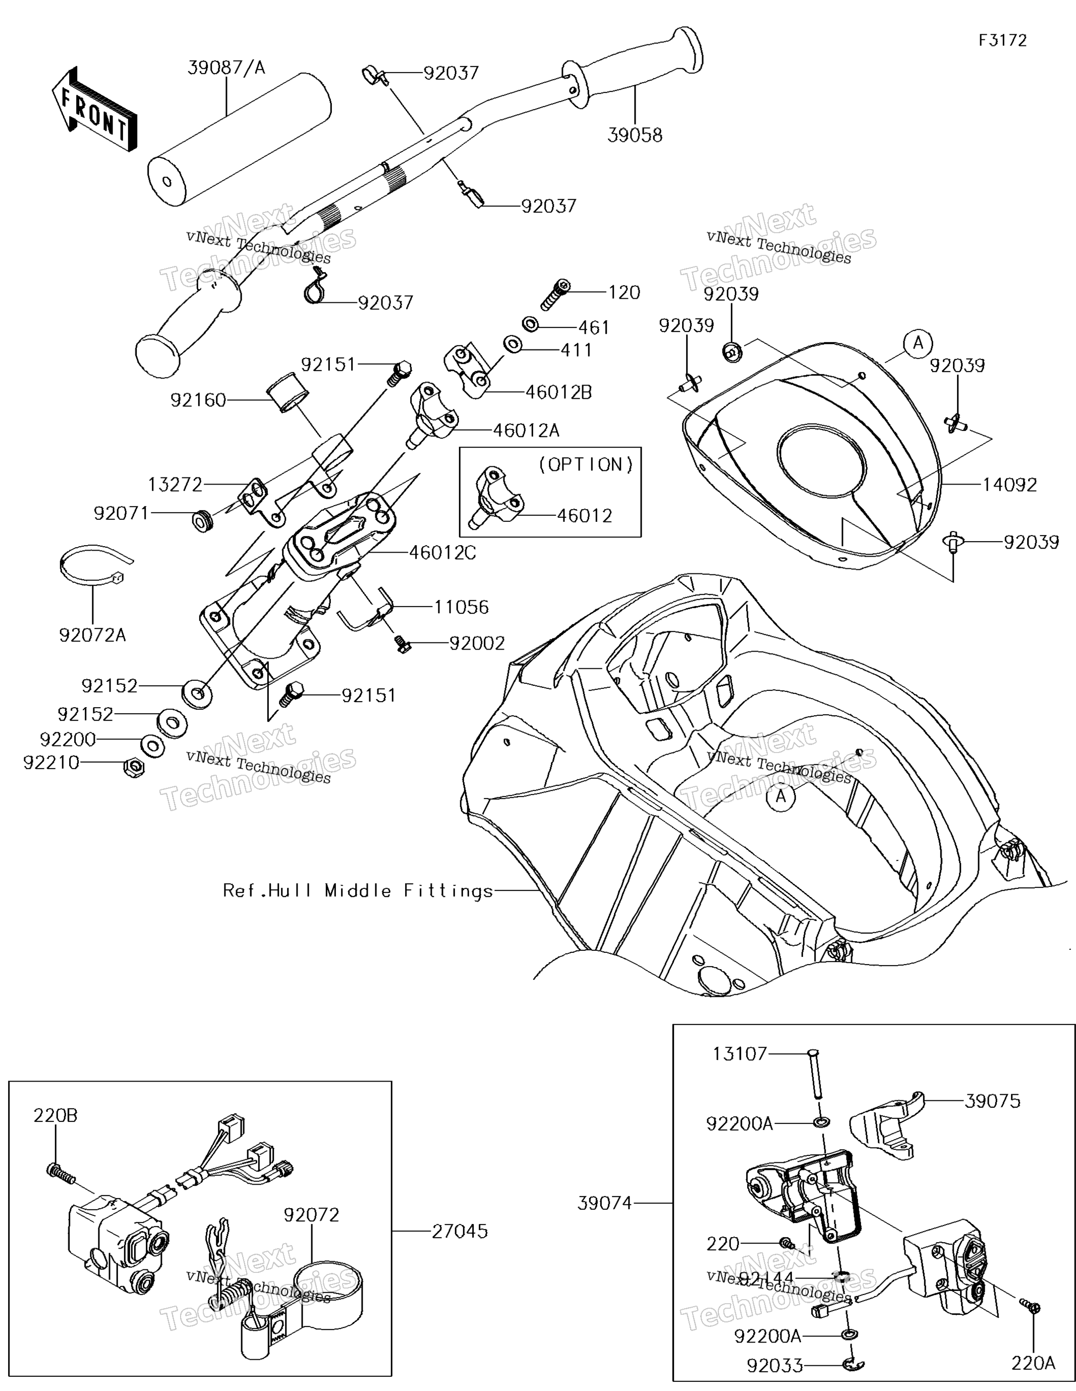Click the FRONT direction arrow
click(94, 110)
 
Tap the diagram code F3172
click(1003, 41)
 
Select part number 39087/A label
click(226, 68)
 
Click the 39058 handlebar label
click(635, 135)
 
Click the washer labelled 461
click(530, 324)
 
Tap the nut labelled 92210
click(134, 766)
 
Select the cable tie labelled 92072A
click(95, 567)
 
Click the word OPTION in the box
click(586, 465)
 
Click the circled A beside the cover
click(918, 343)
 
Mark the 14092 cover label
click(1010, 485)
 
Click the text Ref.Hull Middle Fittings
click(358, 890)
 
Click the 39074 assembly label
click(605, 1203)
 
